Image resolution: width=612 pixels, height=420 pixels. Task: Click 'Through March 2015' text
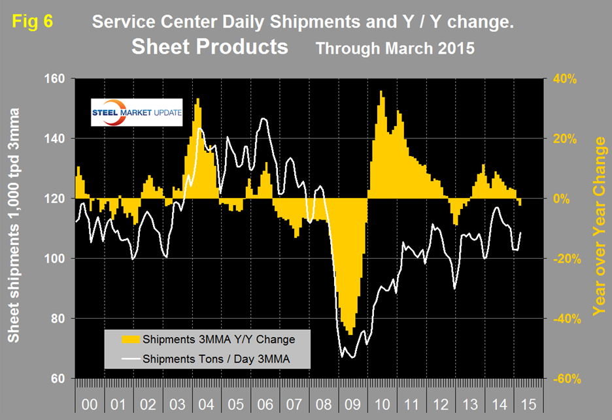coord(395,48)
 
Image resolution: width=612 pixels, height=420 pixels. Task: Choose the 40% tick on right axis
coord(564,78)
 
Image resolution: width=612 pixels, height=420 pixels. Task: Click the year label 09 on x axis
coord(351,405)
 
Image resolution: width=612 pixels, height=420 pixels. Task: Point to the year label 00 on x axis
coord(90,405)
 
